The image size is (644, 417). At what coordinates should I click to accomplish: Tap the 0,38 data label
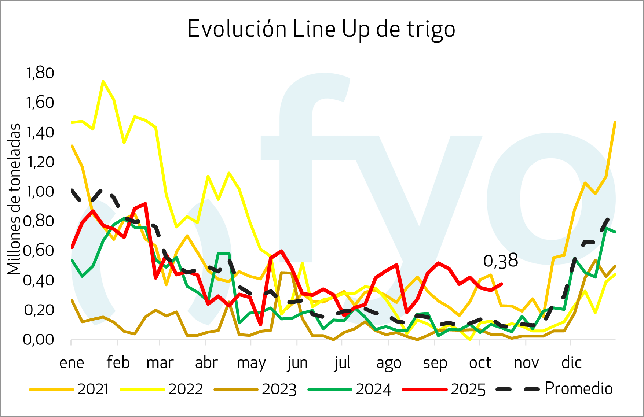501,261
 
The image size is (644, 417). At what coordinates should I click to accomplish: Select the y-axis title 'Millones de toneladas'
14,199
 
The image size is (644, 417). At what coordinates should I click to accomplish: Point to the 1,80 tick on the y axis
40,73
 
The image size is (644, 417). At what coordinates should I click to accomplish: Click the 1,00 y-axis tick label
40,192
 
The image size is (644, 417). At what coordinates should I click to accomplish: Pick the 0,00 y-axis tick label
39,340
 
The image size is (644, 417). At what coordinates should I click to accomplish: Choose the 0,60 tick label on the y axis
39,251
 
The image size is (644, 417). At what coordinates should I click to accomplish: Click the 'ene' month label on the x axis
72,363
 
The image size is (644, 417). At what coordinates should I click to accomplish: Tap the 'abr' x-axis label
206,363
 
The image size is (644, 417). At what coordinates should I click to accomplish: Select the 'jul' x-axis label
342,363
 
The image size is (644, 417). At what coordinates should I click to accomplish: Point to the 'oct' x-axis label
480,363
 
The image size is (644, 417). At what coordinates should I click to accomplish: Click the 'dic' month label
571,363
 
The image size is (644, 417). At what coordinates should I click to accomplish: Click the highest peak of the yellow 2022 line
103,81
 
